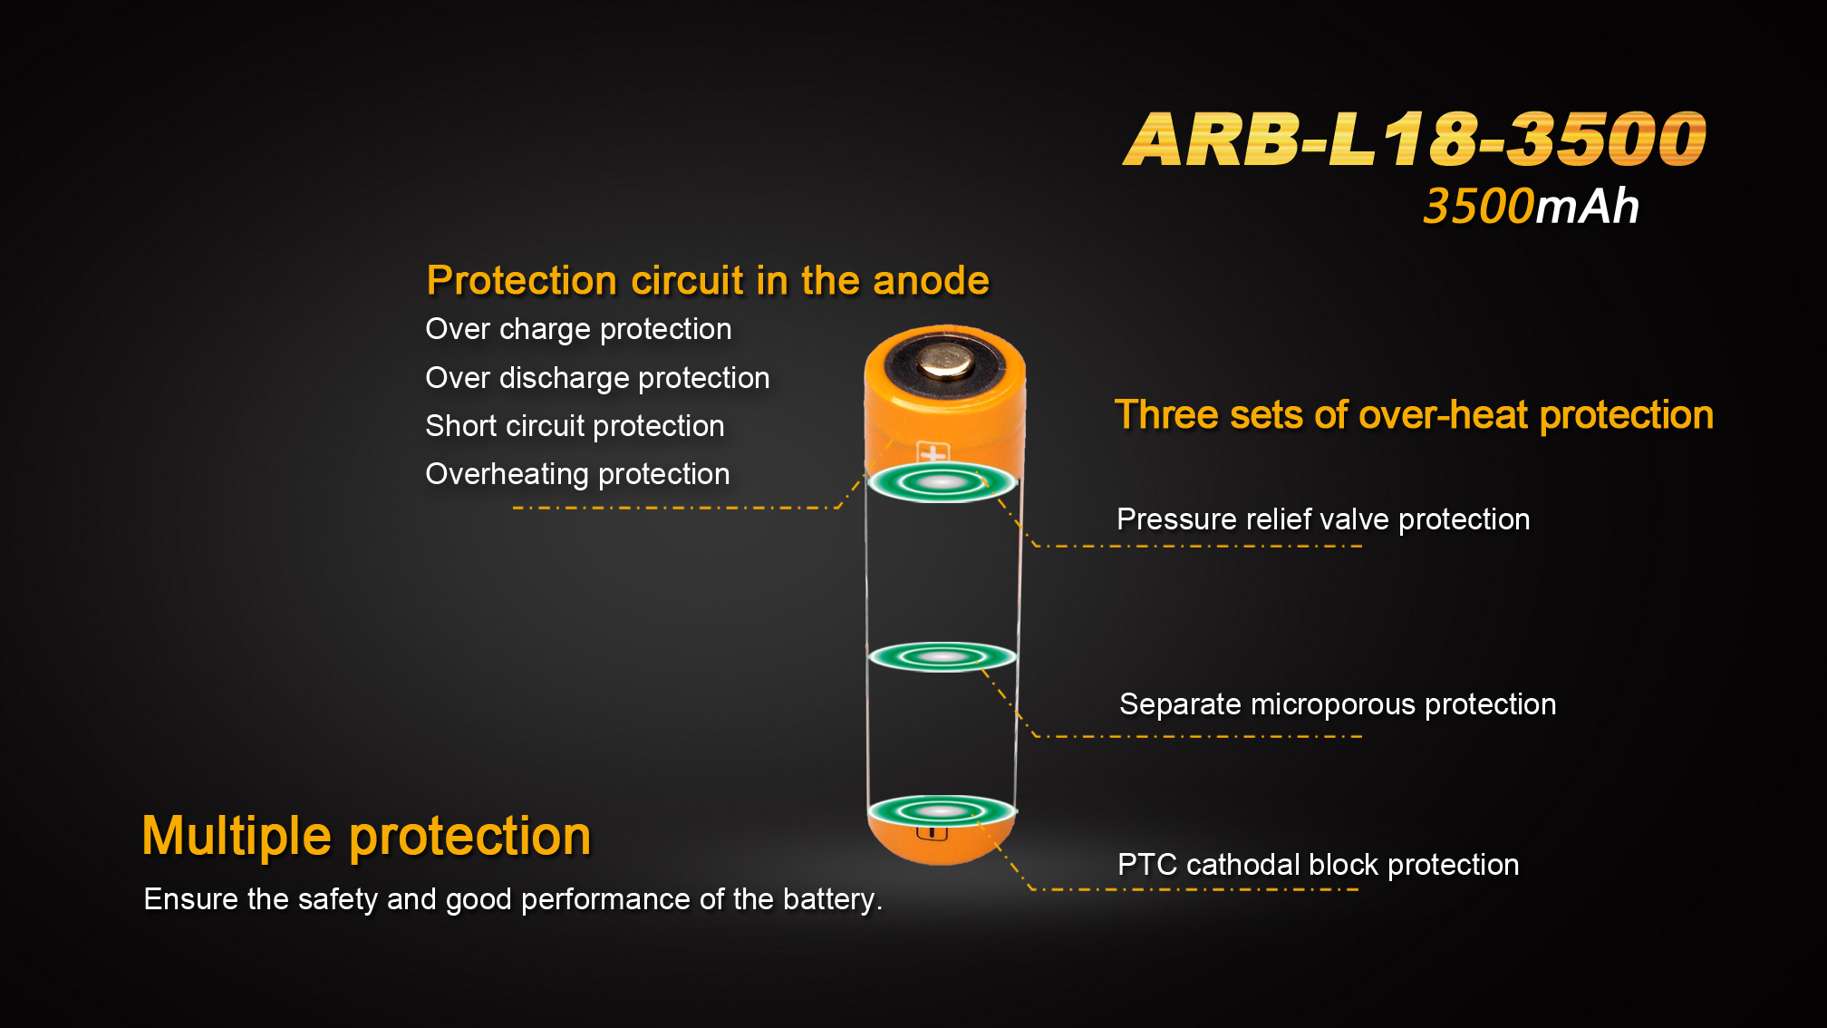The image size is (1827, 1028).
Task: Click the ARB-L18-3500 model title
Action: (x=1415, y=140)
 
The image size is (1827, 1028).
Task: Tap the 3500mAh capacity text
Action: (x=1532, y=207)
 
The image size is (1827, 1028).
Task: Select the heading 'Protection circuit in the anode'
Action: (x=708, y=280)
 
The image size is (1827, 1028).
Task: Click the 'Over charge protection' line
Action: (x=578, y=329)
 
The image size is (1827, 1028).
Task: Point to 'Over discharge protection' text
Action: (x=597, y=378)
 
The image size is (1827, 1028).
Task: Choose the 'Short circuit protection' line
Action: (x=575, y=426)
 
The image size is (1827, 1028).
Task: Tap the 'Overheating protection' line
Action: (x=577, y=474)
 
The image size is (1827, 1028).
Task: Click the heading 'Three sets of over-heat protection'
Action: (x=1414, y=415)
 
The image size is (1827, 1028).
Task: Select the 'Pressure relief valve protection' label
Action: (x=1323, y=519)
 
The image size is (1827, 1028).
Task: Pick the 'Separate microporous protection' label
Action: (x=1338, y=704)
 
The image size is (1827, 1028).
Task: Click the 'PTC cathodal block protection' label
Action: (x=1319, y=865)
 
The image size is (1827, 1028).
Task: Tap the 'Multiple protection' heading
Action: (x=366, y=836)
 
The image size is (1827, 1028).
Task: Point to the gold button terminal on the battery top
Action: (x=945, y=361)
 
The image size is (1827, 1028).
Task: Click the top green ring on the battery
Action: (x=942, y=482)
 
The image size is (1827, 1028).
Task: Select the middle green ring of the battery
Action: (x=942, y=656)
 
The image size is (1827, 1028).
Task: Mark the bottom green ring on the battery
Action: (x=942, y=810)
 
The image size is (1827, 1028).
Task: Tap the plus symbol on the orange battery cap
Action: (x=933, y=452)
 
